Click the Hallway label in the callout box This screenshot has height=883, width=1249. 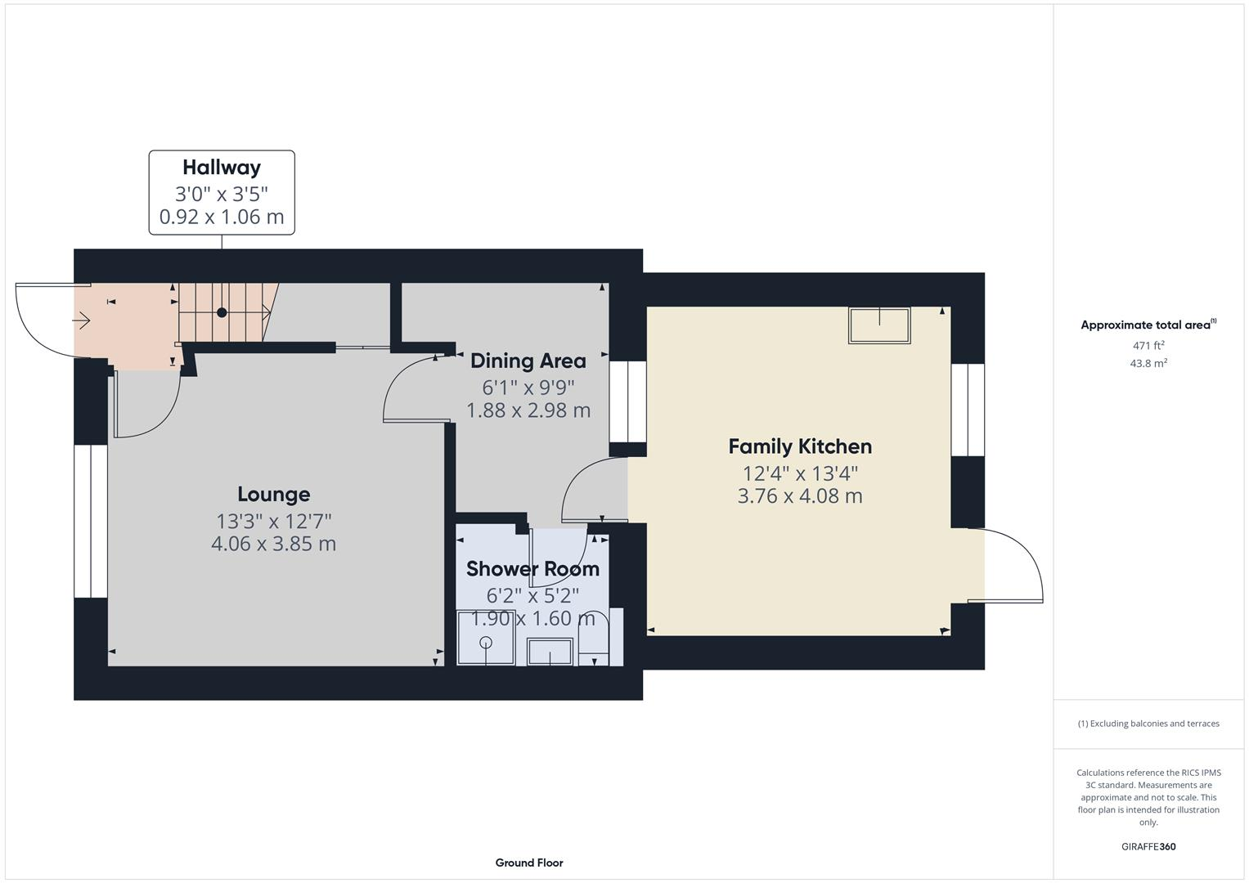coord(222,168)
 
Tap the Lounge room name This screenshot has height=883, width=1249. coord(273,494)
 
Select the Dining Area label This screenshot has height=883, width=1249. coord(528,361)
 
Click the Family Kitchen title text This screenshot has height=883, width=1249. coord(800,446)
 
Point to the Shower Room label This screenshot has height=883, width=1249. coord(532,569)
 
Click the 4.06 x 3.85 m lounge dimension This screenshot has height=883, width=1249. coord(273,544)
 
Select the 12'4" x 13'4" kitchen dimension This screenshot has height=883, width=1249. coord(800,473)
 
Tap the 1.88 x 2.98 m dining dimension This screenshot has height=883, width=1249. coord(528,410)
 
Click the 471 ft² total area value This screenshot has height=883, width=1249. coord(1148,345)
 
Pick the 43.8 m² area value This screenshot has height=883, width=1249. coord(1148,363)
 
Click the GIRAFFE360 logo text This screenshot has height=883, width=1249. coord(1148,846)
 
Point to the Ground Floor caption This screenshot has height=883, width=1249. coord(528,863)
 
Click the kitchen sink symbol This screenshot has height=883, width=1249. coord(879,325)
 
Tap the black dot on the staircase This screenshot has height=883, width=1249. coord(222,312)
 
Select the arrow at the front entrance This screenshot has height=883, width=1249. coord(82,321)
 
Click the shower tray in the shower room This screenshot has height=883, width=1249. coord(485,638)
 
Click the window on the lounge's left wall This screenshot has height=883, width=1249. coord(91,521)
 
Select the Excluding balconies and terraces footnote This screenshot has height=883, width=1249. coord(1148,724)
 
